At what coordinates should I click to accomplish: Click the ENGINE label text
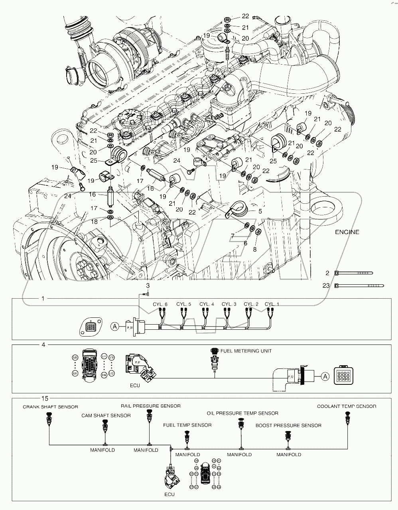coord(347,232)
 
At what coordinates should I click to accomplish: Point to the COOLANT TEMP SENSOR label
coord(346,406)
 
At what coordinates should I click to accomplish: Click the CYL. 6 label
coord(160,304)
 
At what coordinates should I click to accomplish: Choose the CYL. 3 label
coord(229,304)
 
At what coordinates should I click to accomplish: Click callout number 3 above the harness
coord(148,286)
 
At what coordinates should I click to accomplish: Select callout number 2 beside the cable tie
coord(327,273)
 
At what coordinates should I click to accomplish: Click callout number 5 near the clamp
coord(260,211)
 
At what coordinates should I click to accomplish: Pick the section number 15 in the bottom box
coord(45,398)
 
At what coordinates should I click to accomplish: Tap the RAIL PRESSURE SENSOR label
coord(151,406)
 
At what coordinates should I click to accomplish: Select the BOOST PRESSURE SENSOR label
coord(288,425)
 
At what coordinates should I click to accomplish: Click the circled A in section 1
coord(115,326)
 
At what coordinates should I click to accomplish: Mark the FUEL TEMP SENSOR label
coord(187,425)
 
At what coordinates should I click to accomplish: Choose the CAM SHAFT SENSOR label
coord(106,415)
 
